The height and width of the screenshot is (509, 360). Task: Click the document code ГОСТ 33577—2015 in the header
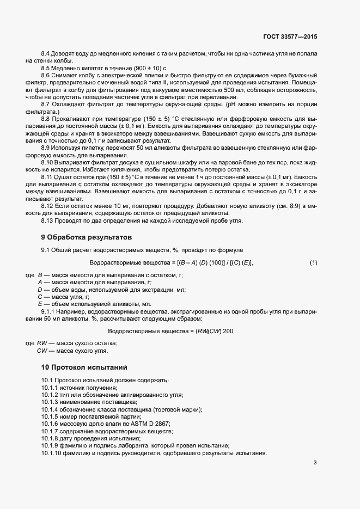289,37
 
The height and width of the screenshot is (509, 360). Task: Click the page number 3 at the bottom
315,463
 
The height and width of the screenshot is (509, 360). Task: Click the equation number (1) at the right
313,263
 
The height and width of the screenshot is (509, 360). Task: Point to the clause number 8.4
45,54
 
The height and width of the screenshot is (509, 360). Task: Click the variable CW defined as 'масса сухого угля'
42,351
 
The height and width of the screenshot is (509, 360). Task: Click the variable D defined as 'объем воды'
40,290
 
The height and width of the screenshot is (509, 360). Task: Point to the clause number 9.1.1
49,311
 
